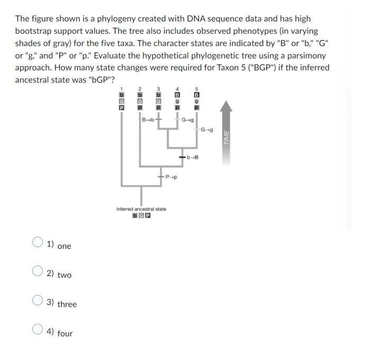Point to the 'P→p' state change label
point(170,177)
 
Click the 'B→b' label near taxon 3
point(148,119)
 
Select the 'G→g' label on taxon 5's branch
point(207,129)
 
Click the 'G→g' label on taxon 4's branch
point(188,119)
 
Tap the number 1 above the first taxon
point(122,88)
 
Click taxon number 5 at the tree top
point(196,88)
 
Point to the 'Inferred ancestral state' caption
point(141,209)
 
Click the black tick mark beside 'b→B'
point(182,157)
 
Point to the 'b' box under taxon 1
point(122,96)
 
